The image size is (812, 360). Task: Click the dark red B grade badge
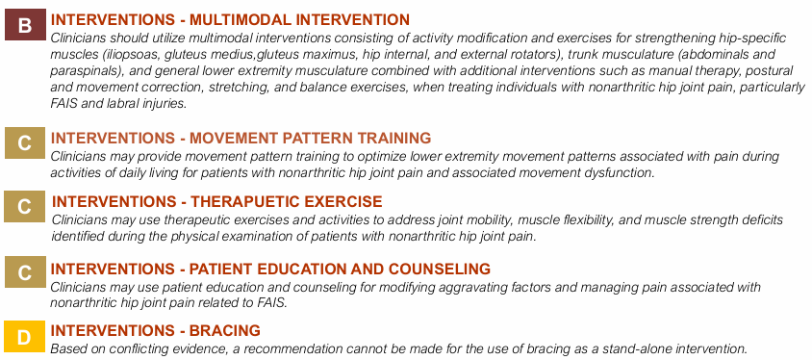24,25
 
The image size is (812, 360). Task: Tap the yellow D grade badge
24,337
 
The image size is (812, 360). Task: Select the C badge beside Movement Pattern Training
24,144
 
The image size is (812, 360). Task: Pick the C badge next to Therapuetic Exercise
24,207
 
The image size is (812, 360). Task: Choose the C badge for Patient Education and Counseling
24,272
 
